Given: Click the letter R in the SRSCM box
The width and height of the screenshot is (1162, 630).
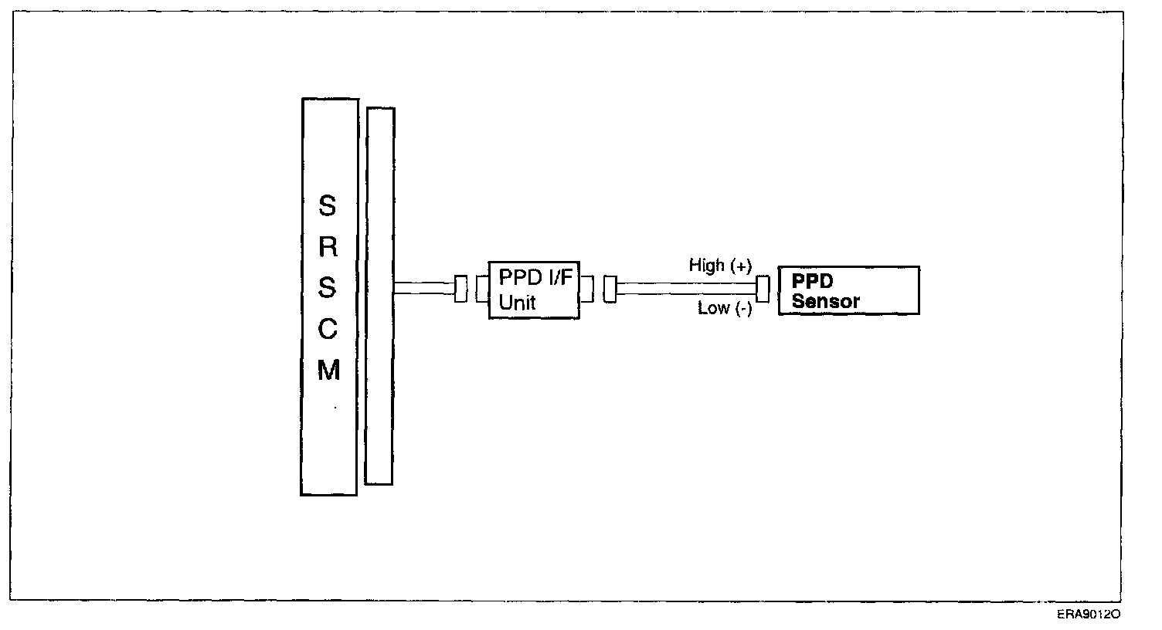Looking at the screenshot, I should click(328, 247).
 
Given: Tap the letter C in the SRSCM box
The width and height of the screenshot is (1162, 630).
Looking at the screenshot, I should click(328, 330).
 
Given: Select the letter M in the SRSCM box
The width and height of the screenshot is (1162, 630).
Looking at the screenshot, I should click(328, 371).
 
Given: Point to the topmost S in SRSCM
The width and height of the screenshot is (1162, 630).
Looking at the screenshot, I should click(328, 206).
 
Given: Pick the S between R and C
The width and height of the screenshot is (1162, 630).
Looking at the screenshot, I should click(328, 288).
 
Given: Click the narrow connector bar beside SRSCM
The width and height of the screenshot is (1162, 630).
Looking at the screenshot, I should click(379, 296).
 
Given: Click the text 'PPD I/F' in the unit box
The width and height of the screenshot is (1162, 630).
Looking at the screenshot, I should click(535, 278).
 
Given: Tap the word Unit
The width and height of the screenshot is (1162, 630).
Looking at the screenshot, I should click(517, 303).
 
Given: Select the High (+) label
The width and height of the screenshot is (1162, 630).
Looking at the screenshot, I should click(719, 266).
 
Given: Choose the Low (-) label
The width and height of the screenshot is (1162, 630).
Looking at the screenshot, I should click(724, 309).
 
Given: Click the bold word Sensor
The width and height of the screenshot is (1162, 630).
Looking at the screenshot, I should click(825, 302).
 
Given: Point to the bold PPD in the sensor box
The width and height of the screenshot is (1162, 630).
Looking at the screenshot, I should click(812, 281).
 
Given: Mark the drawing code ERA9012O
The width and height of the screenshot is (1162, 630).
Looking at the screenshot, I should click(1089, 615).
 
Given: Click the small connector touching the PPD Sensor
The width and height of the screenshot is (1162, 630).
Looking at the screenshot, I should click(763, 289).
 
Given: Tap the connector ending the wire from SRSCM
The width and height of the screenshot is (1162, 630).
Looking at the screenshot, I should click(461, 289).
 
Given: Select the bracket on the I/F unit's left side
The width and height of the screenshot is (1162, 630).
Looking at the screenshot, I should click(482, 289).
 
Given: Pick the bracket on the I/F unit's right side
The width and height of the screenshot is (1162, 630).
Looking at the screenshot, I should click(587, 289).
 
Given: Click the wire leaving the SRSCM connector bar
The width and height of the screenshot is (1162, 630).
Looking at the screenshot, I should click(423, 289).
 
